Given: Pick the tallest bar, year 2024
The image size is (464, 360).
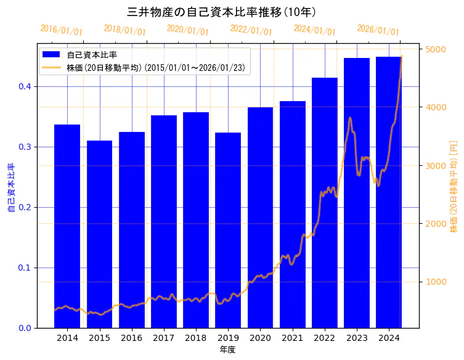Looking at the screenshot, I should [389, 192].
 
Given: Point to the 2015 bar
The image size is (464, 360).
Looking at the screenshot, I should [99, 234].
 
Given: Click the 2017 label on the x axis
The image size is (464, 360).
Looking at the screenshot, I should [164, 338].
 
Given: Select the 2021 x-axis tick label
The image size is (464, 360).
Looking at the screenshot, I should [293, 338].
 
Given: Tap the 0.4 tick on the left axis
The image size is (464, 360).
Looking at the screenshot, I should [24, 87].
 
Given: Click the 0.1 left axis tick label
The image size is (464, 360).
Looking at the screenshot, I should [24, 268].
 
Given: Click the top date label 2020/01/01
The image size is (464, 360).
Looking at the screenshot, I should [187, 30].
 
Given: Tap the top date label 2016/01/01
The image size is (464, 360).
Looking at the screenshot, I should [61, 30].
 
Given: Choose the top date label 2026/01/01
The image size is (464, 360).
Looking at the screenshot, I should [378, 30].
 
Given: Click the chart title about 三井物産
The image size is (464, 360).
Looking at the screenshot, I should [221, 12].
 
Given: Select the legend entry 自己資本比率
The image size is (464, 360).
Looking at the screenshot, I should [92, 55].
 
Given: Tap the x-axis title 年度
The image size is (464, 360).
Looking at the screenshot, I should [227, 350].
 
